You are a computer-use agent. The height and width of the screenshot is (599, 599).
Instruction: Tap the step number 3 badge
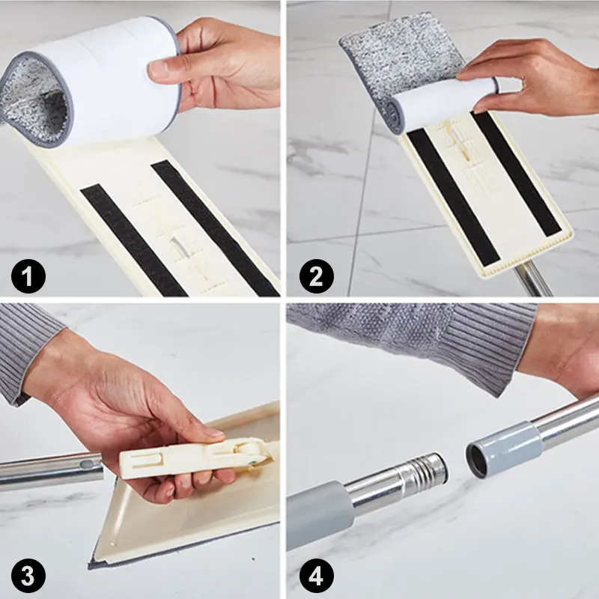[28, 577]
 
